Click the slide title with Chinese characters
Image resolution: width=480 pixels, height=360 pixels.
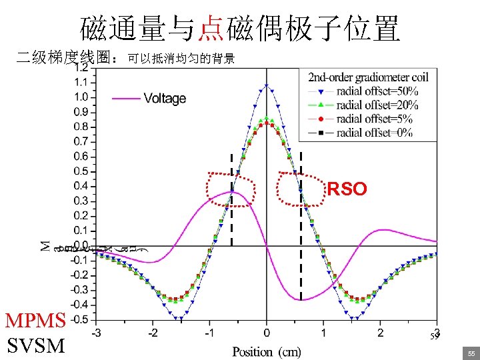pos(240,28)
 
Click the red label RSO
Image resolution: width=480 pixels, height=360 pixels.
pos(347,189)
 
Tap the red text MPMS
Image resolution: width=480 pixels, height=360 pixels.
pos(35,321)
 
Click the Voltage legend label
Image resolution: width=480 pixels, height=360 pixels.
pos(165,99)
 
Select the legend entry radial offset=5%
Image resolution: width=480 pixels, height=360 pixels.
pos(374,119)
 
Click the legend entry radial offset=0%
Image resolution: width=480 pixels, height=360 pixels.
pos(374,132)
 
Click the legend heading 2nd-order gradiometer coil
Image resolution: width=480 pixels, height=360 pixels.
pos(368,77)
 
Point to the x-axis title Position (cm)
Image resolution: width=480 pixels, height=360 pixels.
pos(267,351)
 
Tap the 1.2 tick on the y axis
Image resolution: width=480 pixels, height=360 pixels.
pos(83,67)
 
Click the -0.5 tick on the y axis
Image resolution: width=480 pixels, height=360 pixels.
pos(81,319)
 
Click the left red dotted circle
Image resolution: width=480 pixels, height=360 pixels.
pos(231,189)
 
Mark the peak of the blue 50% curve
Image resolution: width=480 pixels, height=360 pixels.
pos(267,85)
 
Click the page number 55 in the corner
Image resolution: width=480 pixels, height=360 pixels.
pos(471,352)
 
